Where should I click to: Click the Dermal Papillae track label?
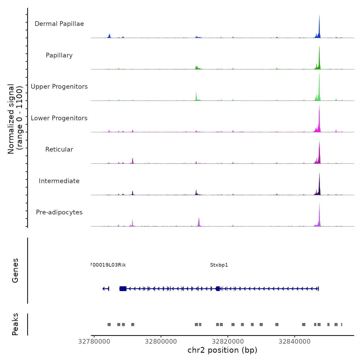pyautogui.click(x=59, y=24)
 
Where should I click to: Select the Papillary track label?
pyautogui.click(x=59, y=55)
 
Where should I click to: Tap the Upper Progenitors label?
pyautogui.click(x=59, y=87)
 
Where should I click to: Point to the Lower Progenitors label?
pyautogui.click(x=59, y=118)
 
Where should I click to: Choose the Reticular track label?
pyautogui.click(x=59, y=149)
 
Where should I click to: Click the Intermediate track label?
pyautogui.click(x=59, y=181)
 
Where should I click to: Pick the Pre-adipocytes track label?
pyautogui.click(x=59, y=212)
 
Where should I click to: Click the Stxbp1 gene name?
pyautogui.click(x=219, y=265)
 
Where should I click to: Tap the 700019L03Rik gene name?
pyautogui.click(x=108, y=265)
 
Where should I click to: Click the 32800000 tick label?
pyautogui.click(x=161, y=342)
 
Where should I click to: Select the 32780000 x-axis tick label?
pyautogui.click(x=94, y=342)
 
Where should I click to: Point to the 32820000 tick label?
pyautogui.click(x=228, y=342)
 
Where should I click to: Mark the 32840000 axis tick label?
pyautogui.click(x=295, y=342)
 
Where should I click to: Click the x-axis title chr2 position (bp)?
pyautogui.click(x=222, y=350)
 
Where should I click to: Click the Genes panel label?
pyautogui.click(x=15, y=270)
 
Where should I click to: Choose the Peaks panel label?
pyautogui.click(x=15, y=324)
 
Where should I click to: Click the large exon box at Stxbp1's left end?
pyautogui.click(x=123, y=289)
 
